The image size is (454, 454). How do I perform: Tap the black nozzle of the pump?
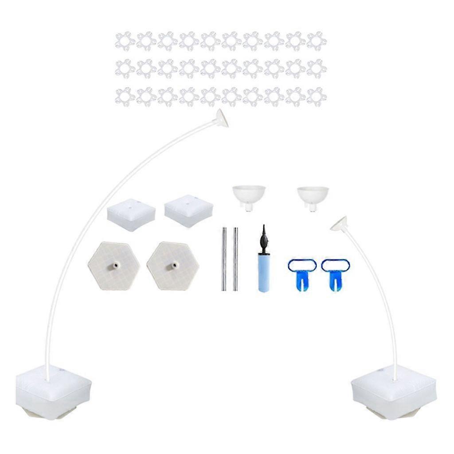[x=264, y=233]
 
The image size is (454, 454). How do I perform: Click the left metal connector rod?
[x=224, y=259]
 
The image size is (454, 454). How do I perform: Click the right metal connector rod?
[x=236, y=259]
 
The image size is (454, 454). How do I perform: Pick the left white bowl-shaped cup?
[x=249, y=195]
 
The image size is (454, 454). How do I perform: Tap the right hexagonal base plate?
[x=172, y=266]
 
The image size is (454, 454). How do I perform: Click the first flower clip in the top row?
[x=125, y=41]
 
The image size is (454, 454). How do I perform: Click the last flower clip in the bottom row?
[x=317, y=96]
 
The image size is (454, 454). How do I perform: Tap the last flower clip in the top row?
[x=317, y=41]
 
